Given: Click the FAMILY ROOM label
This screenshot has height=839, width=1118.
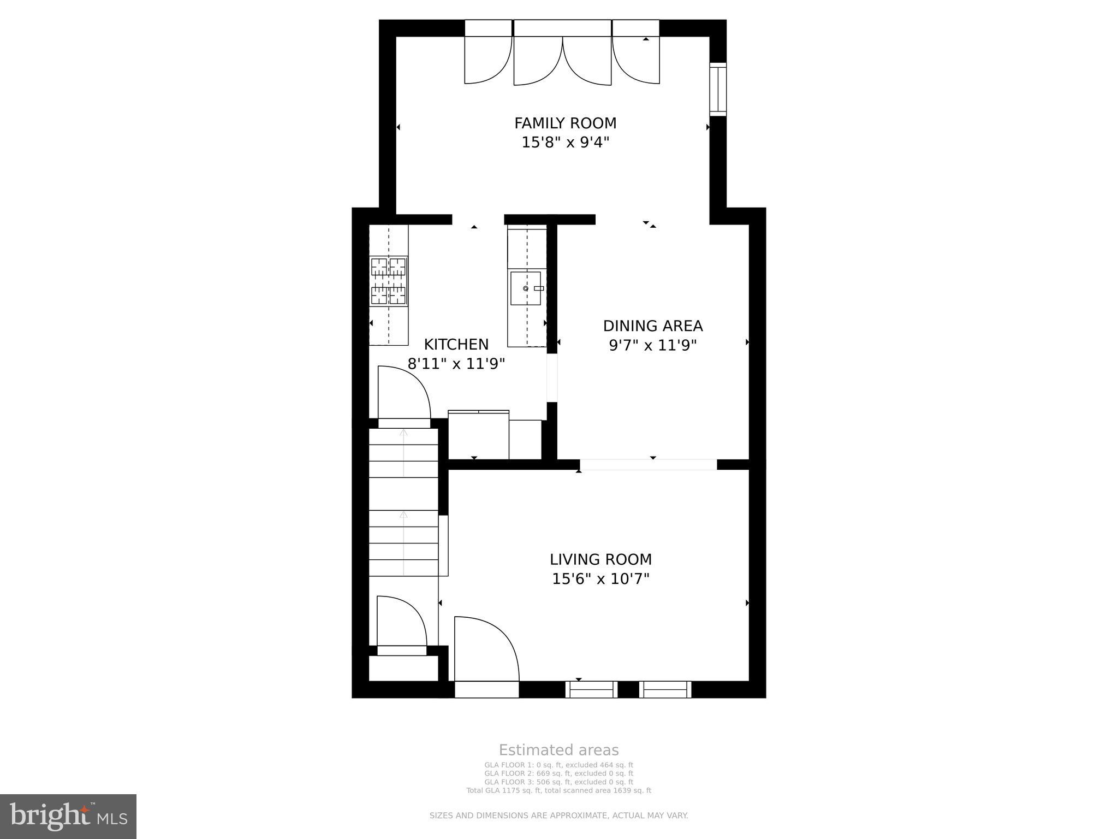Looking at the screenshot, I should (x=565, y=123).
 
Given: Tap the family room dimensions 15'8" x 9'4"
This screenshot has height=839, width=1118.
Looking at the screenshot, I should (x=565, y=143).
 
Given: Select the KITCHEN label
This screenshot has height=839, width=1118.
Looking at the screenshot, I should (x=456, y=344).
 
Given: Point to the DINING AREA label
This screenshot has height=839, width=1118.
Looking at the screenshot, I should (x=652, y=326).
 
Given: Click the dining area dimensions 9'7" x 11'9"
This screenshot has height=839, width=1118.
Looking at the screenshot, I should (x=652, y=345).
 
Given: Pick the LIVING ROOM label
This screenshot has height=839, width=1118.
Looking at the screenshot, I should (x=600, y=559).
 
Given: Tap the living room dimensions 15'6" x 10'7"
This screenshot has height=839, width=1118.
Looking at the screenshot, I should (x=600, y=578).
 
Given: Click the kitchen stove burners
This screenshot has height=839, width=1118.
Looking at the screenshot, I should (x=389, y=281).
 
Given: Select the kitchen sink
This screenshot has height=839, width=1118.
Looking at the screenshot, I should (x=525, y=288).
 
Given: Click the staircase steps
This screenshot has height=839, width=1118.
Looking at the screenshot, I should (x=403, y=503).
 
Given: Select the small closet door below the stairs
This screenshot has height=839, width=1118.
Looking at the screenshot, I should (x=400, y=623).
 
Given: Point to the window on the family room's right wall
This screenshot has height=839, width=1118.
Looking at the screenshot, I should (x=718, y=89).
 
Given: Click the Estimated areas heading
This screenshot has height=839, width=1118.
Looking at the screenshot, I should (x=558, y=750).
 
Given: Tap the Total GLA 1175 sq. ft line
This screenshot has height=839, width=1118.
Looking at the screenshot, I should (x=558, y=790).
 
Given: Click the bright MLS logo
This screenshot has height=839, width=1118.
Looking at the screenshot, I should (x=68, y=816).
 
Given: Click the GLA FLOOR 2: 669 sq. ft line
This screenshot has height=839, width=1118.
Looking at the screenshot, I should (x=558, y=773).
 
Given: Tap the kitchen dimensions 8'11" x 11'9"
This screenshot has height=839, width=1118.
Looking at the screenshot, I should (x=456, y=364).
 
